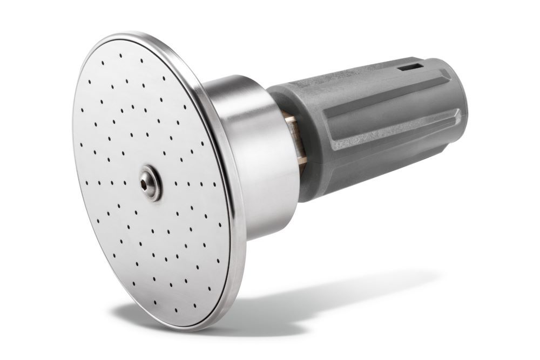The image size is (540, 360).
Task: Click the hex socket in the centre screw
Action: pos(149,183)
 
